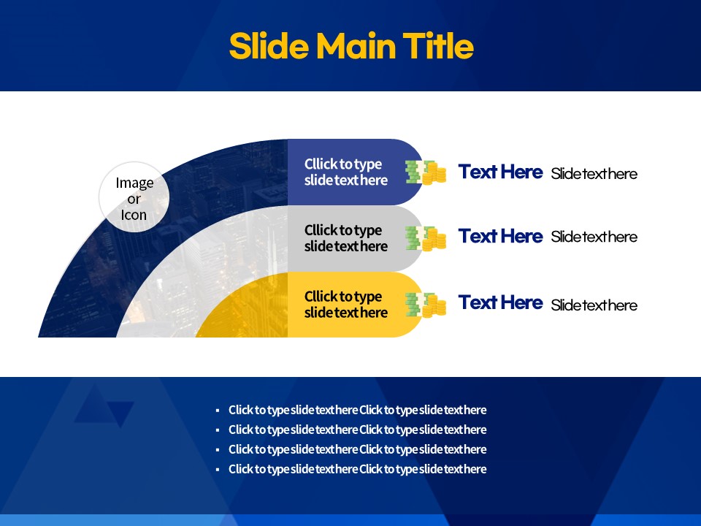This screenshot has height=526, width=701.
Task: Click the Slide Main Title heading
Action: pyautogui.click(x=351, y=45)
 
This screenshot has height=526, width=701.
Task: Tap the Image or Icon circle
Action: pyautogui.click(x=134, y=197)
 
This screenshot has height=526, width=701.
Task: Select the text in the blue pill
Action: pyautogui.click(x=345, y=172)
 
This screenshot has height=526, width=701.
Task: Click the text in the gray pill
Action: pyautogui.click(x=345, y=238)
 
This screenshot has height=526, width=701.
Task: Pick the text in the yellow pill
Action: pyautogui.click(x=345, y=304)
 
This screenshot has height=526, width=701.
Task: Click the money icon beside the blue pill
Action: pyautogui.click(x=426, y=172)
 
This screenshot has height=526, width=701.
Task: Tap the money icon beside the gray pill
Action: pyautogui.click(x=426, y=238)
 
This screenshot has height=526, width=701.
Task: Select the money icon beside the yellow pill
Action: pyautogui.click(x=426, y=305)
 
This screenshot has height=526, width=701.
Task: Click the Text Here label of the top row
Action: pyautogui.click(x=500, y=172)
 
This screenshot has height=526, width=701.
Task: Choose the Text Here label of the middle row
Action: pyautogui.click(x=500, y=236)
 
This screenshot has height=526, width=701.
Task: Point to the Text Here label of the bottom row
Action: pyautogui.click(x=500, y=302)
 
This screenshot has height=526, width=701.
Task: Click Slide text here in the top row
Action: pyautogui.click(x=594, y=174)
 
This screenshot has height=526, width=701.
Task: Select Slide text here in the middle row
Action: pyautogui.click(x=594, y=237)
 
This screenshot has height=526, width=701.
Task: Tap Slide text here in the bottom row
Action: pyautogui.click(x=594, y=305)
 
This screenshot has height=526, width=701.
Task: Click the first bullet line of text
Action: pyautogui.click(x=357, y=410)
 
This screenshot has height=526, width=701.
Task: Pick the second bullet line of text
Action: pyautogui.click(x=357, y=430)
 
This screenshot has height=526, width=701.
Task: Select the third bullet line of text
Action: pyautogui.click(x=357, y=449)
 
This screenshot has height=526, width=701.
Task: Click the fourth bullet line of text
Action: pyautogui.click(x=357, y=469)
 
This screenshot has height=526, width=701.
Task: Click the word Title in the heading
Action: pyautogui.click(x=438, y=45)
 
